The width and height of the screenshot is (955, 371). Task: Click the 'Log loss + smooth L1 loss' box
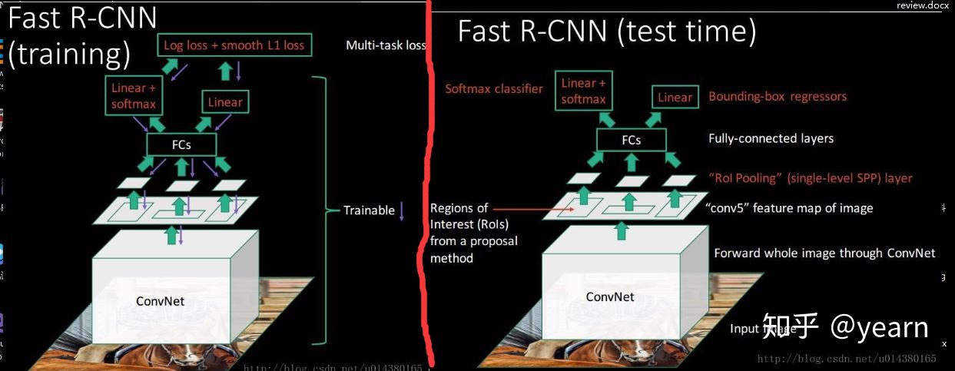(x=234, y=45)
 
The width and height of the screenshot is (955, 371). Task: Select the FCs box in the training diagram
(x=181, y=144)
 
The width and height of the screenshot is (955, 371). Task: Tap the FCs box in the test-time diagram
(x=631, y=140)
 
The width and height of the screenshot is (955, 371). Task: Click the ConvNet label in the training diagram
(x=161, y=301)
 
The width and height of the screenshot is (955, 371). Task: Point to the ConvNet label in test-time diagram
(x=610, y=296)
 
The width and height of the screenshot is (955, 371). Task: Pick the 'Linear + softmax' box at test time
(x=583, y=91)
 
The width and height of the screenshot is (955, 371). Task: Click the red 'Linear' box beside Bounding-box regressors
(x=675, y=97)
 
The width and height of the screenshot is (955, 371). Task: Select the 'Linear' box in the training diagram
(x=225, y=101)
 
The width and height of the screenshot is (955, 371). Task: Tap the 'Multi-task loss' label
(x=385, y=45)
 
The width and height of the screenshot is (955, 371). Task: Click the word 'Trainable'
(x=369, y=210)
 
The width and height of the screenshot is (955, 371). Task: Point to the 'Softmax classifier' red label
(x=494, y=88)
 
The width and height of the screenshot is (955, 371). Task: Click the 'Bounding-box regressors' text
(x=778, y=96)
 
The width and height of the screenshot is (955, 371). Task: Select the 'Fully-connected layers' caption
(x=771, y=138)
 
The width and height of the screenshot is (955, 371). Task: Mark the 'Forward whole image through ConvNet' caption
(x=824, y=253)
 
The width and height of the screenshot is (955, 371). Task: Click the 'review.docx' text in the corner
(x=922, y=5)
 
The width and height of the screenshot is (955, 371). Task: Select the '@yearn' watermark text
(x=880, y=327)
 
